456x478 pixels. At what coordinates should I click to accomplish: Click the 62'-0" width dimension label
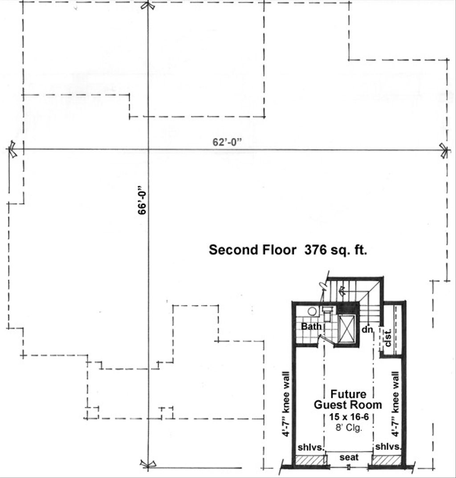coord(226,143)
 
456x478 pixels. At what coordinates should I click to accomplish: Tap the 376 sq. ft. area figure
coord(336,250)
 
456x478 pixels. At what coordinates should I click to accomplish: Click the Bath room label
coord(311,327)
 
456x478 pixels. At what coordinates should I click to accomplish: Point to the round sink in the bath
coord(312,311)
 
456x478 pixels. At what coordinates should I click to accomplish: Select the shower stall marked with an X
coord(348,329)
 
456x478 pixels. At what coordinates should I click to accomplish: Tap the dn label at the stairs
coord(366,330)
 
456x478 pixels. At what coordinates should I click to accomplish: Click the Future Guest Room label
coord(348,400)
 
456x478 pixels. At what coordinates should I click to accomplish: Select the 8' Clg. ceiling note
coord(348,427)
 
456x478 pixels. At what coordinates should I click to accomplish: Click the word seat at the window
coord(349,458)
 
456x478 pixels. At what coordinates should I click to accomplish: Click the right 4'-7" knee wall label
coord(395,402)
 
